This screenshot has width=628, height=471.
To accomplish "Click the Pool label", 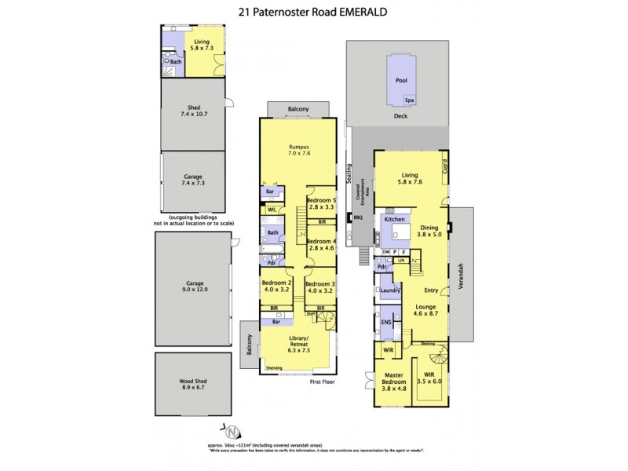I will tap(401, 80).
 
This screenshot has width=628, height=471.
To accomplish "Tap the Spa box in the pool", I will tap(409, 100).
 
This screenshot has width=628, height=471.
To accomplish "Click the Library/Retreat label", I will tap(297, 344).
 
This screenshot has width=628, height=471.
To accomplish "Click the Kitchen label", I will tap(394, 220).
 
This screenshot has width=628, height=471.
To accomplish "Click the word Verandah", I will tap(462, 272).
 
